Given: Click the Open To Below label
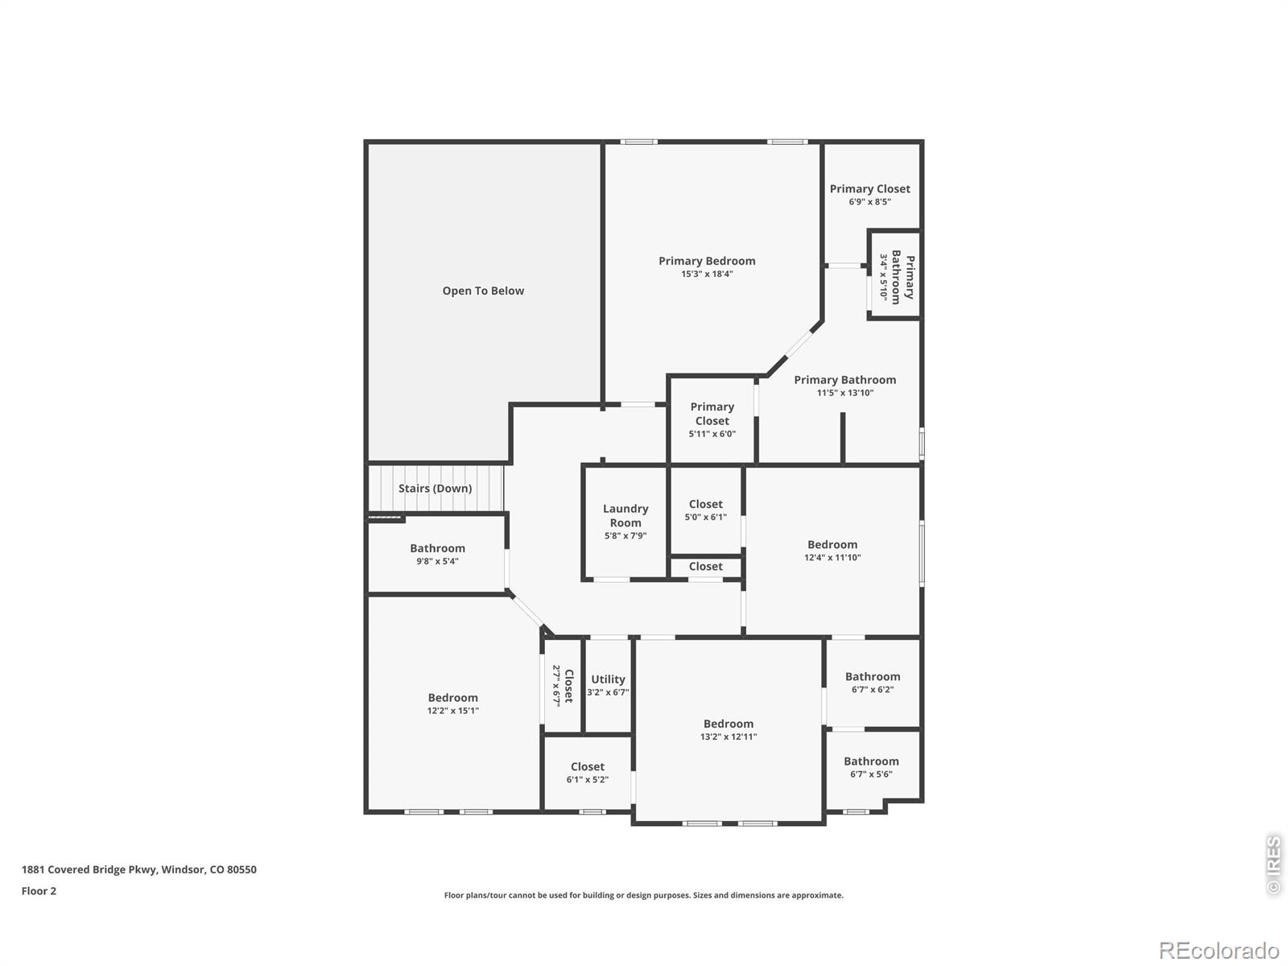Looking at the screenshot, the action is [483, 291].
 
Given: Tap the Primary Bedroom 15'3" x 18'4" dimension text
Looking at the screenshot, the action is [707, 274].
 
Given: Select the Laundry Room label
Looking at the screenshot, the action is [625, 515].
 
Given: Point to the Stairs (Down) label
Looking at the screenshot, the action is [435, 488].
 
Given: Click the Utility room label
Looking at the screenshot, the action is [608, 679].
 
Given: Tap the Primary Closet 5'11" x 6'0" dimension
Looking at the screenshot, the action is [712, 434].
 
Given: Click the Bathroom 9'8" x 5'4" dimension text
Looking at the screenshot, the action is [437, 561].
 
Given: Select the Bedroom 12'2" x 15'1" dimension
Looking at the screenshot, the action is [452, 711].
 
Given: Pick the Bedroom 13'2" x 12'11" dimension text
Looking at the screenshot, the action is [729, 737].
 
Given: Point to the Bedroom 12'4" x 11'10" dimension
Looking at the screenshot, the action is [832, 558].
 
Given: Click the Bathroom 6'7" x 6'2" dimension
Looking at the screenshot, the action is [873, 690].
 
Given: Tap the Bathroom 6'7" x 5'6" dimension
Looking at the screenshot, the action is [871, 774].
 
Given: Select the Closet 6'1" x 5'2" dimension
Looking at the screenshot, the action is [588, 779].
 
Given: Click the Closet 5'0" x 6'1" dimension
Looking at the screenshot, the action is [705, 518].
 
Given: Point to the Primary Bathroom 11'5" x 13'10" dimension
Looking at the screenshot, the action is [845, 393].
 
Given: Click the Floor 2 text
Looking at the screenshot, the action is [39, 891].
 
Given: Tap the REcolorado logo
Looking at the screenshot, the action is [1219, 950].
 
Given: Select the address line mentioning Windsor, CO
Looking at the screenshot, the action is [139, 869].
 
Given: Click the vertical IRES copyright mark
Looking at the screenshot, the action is [1274, 865].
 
